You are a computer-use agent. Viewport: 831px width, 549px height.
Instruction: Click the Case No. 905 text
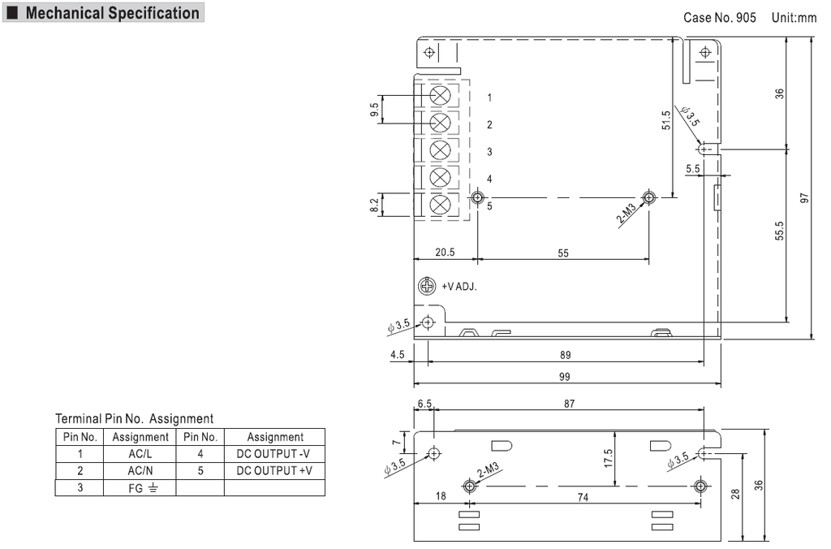[720, 17]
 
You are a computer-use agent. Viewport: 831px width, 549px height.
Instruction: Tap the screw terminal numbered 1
[440, 95]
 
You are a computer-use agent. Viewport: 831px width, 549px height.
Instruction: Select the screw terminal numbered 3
[440, 150]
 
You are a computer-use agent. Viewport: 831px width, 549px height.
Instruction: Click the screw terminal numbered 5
[440, 204]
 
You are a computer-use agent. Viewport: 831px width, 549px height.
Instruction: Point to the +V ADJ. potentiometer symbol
[427, 286]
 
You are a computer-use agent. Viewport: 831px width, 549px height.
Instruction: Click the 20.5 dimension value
[445, 253]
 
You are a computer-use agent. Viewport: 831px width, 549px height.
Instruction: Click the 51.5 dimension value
[665, 120]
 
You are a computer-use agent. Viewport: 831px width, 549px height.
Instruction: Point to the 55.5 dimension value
[779, 231]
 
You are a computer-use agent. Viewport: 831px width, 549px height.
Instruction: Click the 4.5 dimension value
[397, 354]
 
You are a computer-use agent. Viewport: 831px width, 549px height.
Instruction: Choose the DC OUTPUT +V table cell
[274, 471]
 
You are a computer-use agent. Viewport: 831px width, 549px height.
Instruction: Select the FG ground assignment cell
[140, 488]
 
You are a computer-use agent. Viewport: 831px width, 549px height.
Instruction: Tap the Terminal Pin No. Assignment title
[134, 419]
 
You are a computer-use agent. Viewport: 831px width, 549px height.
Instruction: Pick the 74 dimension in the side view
[583, 499]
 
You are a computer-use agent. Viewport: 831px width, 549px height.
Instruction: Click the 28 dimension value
[735, 494]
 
